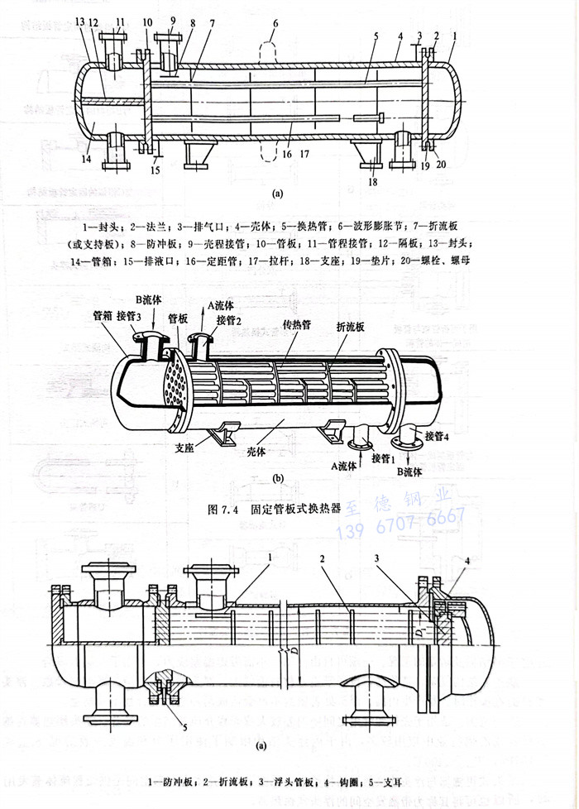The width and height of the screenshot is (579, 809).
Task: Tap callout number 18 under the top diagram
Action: click(x=374, y=180)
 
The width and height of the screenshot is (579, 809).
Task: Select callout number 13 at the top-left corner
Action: click(x=79, y=22)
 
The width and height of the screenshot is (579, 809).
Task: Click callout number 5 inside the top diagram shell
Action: click(x=375, y=37)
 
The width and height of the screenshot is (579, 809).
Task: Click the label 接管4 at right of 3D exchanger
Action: click(x=438, y=435)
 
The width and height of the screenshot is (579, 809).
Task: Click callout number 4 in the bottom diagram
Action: click(x=469, y=562)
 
